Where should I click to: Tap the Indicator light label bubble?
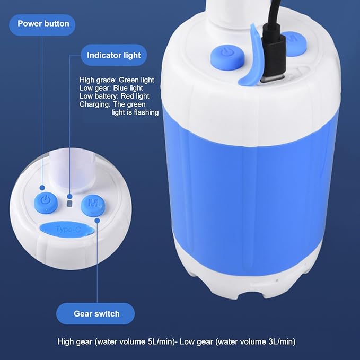113,55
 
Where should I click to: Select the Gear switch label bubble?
95,313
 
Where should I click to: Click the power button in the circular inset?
46,203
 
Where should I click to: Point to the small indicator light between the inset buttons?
69,204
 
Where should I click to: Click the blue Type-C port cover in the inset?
67,230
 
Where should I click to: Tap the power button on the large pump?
227,57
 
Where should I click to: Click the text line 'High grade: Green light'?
117,80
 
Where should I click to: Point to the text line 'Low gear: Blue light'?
111,88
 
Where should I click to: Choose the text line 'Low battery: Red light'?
115,96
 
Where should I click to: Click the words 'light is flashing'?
135,112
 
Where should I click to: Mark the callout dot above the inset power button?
42,188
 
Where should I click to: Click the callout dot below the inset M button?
97,221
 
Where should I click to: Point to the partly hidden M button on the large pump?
296,43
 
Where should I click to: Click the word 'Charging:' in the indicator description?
95,104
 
